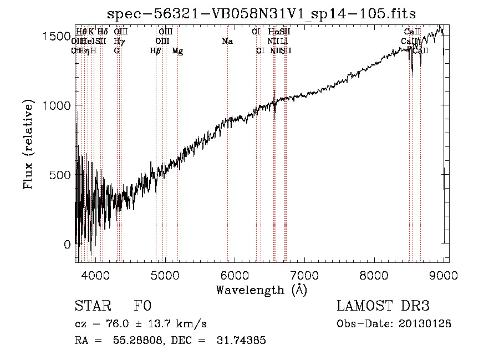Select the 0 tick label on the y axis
tap(68, 245)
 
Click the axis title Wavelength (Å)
tap(261, 289)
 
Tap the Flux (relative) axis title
tap(29, 145)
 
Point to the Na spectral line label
tap(227, 42)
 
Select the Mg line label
tap(177, 51)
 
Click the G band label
tap(116, 51)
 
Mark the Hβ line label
tap(156, 51)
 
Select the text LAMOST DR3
tap(383, 306)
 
